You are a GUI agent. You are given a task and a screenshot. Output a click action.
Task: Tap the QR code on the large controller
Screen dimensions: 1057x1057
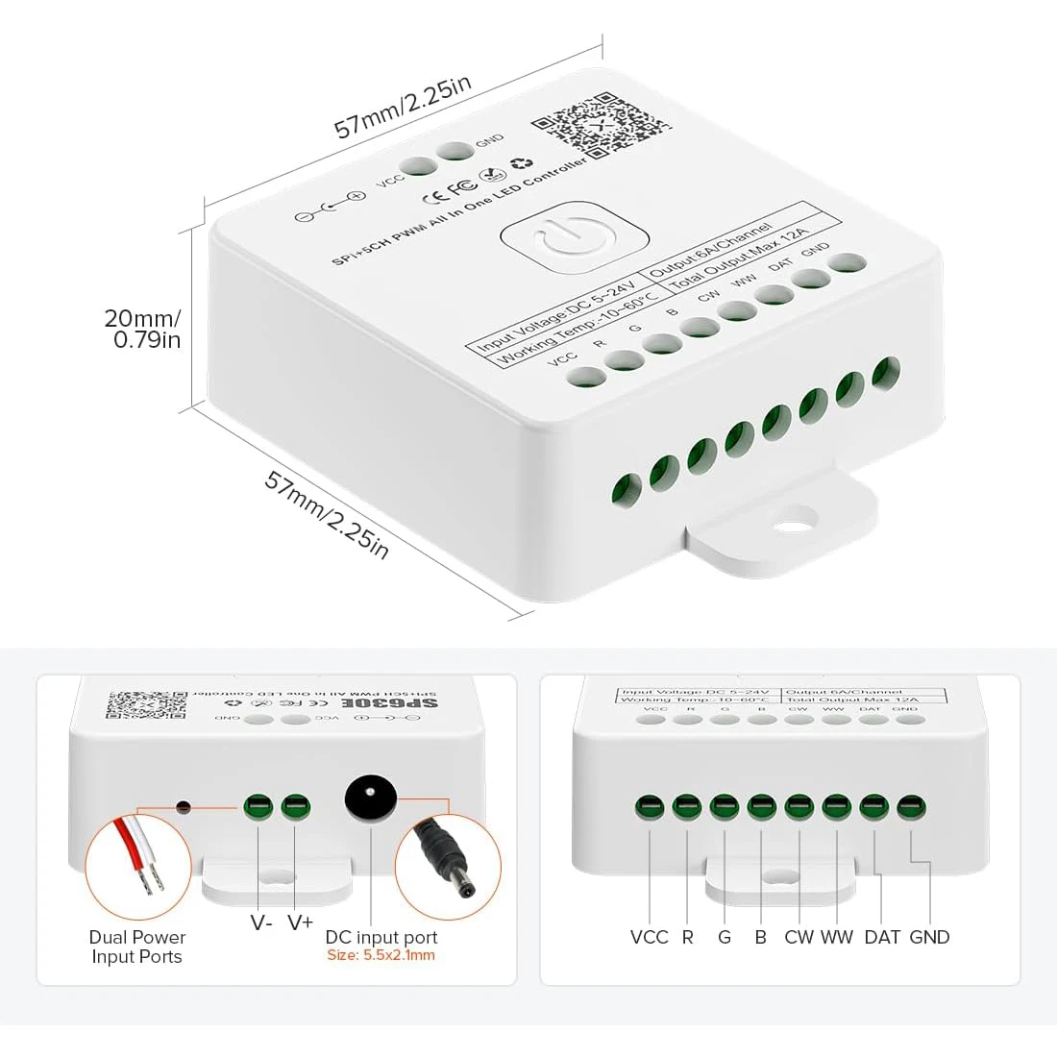pyautogui.click(x=600, y=125)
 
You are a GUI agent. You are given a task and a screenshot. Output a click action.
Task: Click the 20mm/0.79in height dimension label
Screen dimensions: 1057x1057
pyautogui.click(x=143, y=329)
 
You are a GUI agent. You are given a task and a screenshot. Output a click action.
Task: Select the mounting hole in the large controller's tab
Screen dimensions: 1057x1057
pyautogui.click(x=793, y=526)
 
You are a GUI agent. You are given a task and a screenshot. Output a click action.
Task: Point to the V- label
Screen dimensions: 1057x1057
pyautogui.click(x=260, y=922)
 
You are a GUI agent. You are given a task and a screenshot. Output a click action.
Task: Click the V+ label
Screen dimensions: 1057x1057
pyautogui.click(x=300, y=922)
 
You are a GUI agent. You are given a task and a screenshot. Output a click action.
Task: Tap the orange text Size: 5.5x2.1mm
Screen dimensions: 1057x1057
pyautogui.click(x=381, y=955)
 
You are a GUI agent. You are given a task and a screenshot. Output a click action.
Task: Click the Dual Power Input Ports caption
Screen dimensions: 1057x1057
pyautogui.click(x=137, y=946)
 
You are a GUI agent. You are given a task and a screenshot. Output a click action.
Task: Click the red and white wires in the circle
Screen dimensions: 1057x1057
pyautogui.click(x=137, y=855)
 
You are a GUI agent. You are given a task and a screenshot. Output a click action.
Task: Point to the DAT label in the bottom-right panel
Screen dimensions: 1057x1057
pyautogui.click(x=881, y=937)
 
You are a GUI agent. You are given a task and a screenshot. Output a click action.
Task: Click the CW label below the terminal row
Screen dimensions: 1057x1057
pyautogui.click(x=799, y=937)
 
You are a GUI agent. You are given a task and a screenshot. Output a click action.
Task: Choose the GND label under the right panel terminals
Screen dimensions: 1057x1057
pyautogui.click(x=929, y=937)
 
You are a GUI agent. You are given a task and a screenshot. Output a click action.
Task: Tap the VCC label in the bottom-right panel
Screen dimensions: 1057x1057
pyautogui.click(x=649, y=937)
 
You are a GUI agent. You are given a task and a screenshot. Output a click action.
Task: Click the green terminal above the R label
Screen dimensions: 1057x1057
pyautogui.click(x=687, y=806)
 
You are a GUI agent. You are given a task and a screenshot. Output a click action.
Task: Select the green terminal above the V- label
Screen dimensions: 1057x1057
pyautogui.click(x=258, y=806)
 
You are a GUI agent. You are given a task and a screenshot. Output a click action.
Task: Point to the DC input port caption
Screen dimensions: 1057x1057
pyautogui.click(x=381, y=937)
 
